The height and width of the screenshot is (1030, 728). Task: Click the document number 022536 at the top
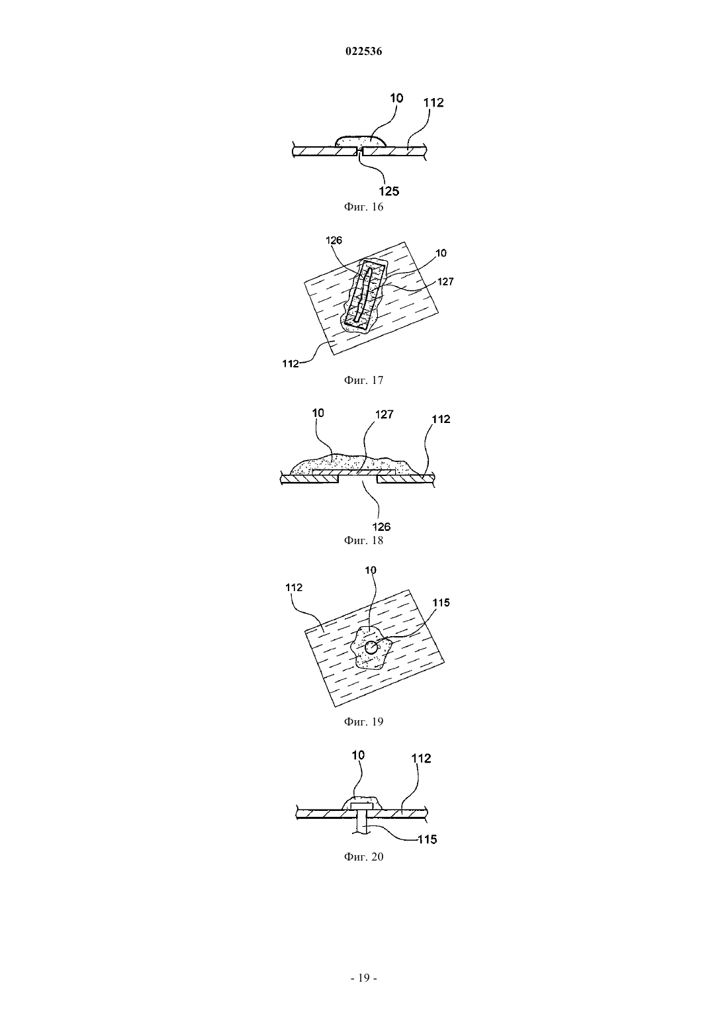point(363,52)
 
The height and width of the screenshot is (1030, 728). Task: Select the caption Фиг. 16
point(363,207)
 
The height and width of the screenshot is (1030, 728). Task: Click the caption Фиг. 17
point(363,380)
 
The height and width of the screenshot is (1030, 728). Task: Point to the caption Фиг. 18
point(363,540)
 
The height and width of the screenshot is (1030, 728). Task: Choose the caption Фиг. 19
point(363,722)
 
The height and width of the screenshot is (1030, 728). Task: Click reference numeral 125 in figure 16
point(389,191)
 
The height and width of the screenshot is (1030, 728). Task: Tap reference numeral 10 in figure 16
point(396,98)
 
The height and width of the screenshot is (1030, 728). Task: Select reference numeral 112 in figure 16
point(433,103)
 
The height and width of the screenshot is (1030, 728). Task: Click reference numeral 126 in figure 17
point(334,240)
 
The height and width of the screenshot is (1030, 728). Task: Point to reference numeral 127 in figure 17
point(445,282)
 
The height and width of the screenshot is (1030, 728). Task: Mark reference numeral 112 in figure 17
point(291,363)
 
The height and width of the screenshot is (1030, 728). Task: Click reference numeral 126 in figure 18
point(381,527)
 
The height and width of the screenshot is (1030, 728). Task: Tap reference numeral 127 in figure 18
point(385,414)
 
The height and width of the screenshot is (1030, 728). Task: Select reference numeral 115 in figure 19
point(441,602)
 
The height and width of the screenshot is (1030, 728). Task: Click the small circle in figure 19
point(371,648)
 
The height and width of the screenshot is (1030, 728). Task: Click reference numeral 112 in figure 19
point(294,587)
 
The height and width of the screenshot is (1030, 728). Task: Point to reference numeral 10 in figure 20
point(358,755)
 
